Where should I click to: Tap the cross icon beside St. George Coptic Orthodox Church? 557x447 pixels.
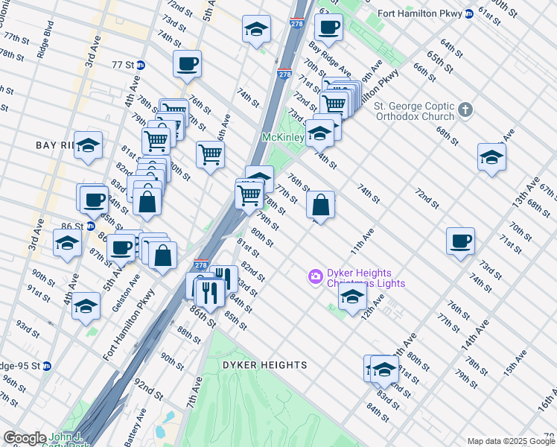tap(465, 110)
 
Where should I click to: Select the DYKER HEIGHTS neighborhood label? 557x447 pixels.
tap(264, 365)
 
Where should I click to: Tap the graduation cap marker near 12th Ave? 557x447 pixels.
tap(352, 297)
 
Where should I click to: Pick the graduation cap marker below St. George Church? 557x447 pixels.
tap(491, 156)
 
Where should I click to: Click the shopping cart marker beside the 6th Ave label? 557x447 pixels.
tap(211, 154)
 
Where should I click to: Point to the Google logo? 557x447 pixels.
tap(25, 438)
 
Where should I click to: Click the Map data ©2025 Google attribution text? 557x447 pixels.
tap(511, 441)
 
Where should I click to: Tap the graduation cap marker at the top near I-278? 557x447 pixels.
tap(256, 29)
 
